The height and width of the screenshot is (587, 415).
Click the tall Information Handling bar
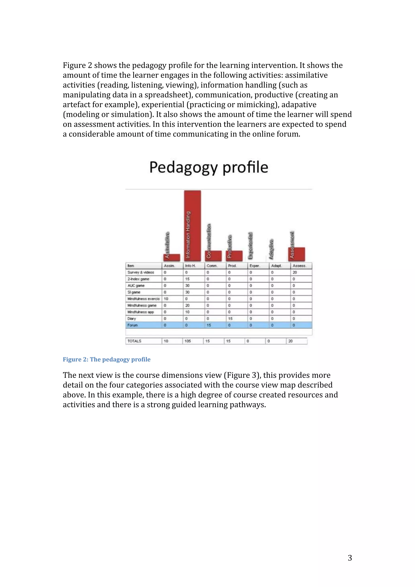pos(192,225)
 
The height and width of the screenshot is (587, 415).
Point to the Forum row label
pos(133,325)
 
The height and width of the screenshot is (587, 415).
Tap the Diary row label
pos(132,319)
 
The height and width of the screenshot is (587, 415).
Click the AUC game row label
pos(136,286)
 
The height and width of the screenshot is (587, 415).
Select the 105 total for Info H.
pos(188,341)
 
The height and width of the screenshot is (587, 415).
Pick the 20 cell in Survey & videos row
pos(295,272)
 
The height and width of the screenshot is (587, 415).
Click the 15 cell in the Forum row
pos(209,325)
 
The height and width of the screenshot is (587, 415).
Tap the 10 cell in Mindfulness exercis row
pos(166,299)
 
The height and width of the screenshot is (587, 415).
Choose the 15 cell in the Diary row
pos(230,319)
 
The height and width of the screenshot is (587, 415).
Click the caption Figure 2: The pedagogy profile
pos(107,360)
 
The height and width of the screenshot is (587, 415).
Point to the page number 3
pos(350,558)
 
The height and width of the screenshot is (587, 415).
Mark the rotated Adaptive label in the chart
pos(271,249)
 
